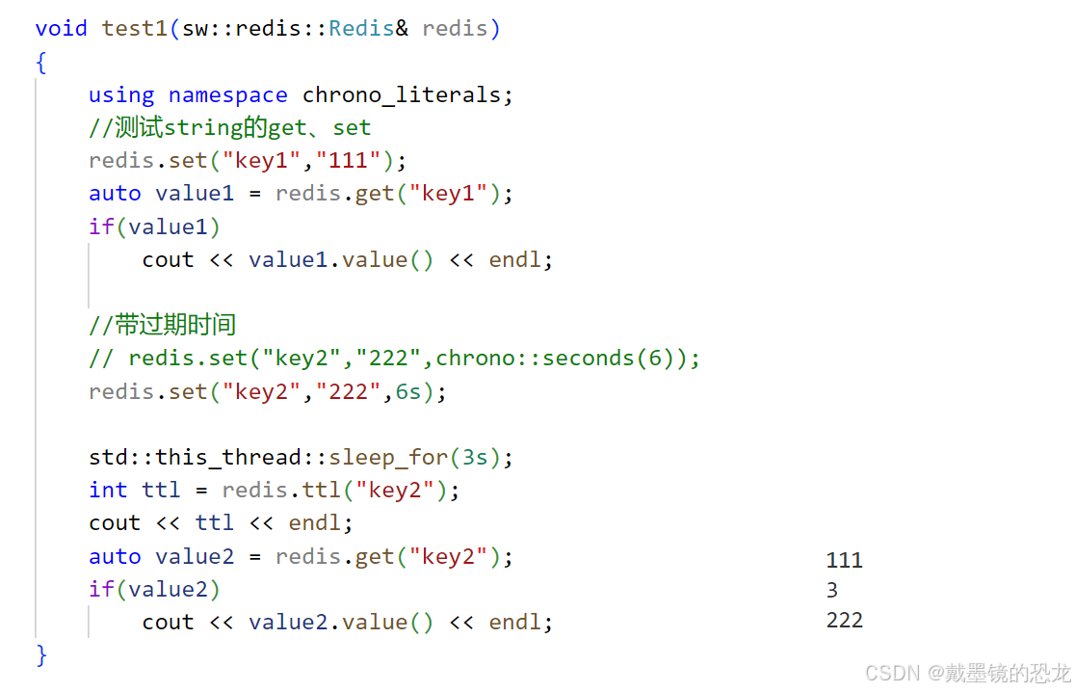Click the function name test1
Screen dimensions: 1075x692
tap(135, 28)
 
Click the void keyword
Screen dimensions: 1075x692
tap(61, 28)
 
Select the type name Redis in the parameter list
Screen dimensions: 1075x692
tap(360, 28)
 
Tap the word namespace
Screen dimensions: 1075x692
tap(227, 94)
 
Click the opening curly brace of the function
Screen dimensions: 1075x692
tap(41, 62)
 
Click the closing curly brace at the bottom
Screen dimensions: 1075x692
tap(41, 655)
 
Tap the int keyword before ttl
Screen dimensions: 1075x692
tap(108, 490)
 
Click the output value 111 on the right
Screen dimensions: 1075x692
tap(844, 560)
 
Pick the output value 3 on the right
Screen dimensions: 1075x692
tap(832, 590)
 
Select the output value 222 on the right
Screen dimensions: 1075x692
tap(844, 620)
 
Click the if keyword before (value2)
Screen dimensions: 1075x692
tap(101, 589)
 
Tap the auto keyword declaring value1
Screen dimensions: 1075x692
tap(115, 193)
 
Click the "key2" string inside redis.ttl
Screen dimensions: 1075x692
tap(395, 490)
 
